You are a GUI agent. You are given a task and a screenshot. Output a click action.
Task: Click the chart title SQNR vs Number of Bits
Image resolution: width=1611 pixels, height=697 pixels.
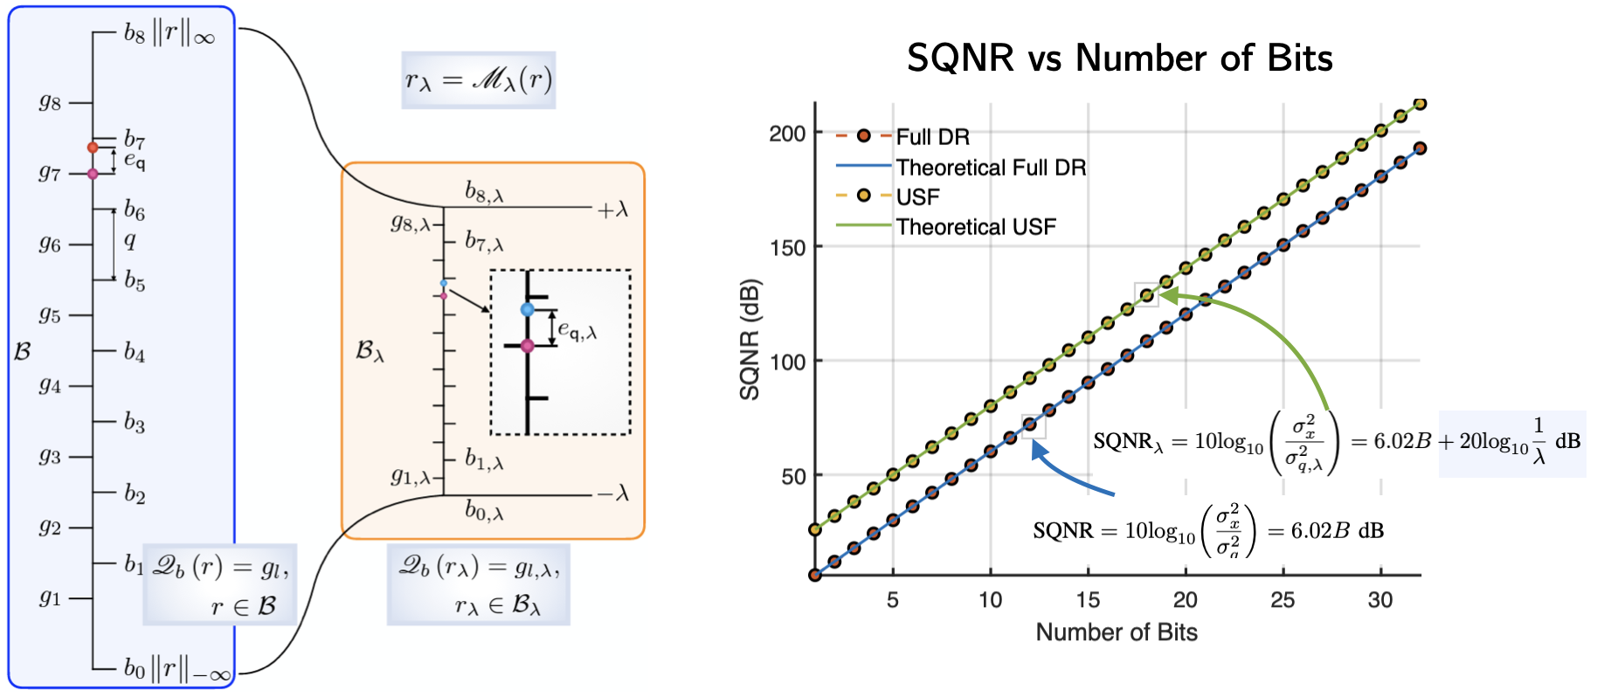point(1119,59)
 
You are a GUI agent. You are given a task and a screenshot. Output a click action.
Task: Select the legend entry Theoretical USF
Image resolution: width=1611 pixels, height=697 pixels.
point(976,227)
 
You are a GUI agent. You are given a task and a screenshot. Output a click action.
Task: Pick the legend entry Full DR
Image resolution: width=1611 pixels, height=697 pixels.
point(932,137)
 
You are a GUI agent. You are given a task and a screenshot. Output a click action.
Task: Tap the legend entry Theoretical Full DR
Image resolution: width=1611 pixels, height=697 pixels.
point(991,167)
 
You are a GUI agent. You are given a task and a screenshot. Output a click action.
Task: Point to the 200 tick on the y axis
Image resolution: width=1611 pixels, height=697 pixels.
point(787,134)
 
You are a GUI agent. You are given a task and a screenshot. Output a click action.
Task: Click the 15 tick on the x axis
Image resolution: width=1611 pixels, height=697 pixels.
point(1088,600)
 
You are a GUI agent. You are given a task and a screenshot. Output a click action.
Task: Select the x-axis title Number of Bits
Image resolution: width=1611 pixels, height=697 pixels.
point(1117,632)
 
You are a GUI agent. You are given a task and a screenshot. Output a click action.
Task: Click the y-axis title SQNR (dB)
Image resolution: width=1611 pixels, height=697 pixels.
point(750,339)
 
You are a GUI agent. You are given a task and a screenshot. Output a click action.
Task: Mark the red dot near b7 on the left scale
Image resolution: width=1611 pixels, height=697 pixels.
point(93,147)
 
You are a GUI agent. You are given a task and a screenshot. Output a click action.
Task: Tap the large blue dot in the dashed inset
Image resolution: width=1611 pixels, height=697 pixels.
point(527,309)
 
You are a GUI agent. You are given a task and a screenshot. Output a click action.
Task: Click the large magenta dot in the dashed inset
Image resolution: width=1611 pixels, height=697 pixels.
point(527,346)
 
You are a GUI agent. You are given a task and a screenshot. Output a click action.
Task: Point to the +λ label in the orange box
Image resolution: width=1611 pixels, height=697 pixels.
point(612,210)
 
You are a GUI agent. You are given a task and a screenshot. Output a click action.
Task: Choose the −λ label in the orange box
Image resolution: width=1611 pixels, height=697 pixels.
point(612,494)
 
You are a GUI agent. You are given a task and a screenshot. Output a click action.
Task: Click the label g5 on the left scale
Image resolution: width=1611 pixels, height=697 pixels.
point(50,314)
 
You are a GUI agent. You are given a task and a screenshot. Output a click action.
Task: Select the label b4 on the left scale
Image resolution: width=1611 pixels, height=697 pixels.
point(135,352)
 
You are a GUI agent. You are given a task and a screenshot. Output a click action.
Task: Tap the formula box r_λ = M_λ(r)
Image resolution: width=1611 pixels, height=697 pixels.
point(478,80)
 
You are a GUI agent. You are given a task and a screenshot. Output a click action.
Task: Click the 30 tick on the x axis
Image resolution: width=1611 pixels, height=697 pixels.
point(1380,600)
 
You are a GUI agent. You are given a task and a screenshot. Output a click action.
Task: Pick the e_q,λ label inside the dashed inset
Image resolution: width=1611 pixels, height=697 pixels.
point(577,330)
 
